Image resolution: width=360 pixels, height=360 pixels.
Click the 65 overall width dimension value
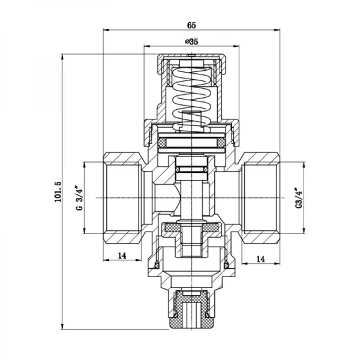point(191,25)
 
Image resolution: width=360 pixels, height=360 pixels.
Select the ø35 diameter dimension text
point(191,41)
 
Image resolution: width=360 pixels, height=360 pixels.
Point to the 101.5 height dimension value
point(58,191)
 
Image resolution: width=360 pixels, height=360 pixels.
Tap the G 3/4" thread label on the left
point(77,198)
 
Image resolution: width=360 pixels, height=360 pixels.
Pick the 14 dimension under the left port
point(122,256)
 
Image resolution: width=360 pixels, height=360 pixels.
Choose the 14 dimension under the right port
point(261,259)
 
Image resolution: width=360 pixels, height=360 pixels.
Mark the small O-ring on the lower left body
point(158,265)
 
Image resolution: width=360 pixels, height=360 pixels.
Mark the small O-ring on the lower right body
point(227,265)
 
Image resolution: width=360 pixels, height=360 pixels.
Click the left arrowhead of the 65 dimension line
point(106,31)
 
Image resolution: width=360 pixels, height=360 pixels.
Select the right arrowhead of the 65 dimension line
point(279,31)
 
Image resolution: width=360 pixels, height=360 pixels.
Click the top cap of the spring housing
point(192,59)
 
